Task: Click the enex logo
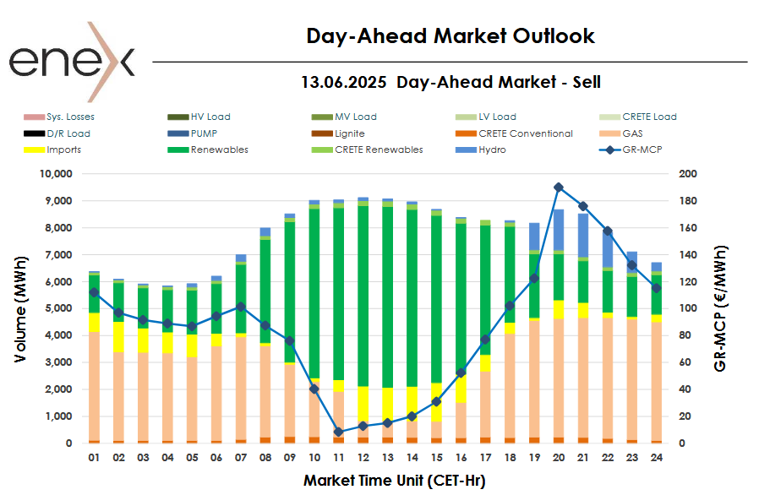click(x=72, y=61)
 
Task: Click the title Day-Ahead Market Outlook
click(x=450, y=35)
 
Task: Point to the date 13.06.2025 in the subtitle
click(x=343, y=82)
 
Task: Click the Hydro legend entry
click(x=493, y=150)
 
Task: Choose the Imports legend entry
click(x=63, y=150)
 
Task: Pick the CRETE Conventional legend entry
click(x=525, y=133)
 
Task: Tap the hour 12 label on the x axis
click(x=363, y=458)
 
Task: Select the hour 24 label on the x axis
click(x=657, y=458)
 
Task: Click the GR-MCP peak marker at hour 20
click(x=559, y=188)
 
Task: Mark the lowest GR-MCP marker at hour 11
click(x=338, y=432)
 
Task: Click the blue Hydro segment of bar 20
click(x=559, y=229)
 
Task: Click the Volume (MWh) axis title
click(x=21, y=308)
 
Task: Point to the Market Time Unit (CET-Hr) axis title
click(x=394, y=480)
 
